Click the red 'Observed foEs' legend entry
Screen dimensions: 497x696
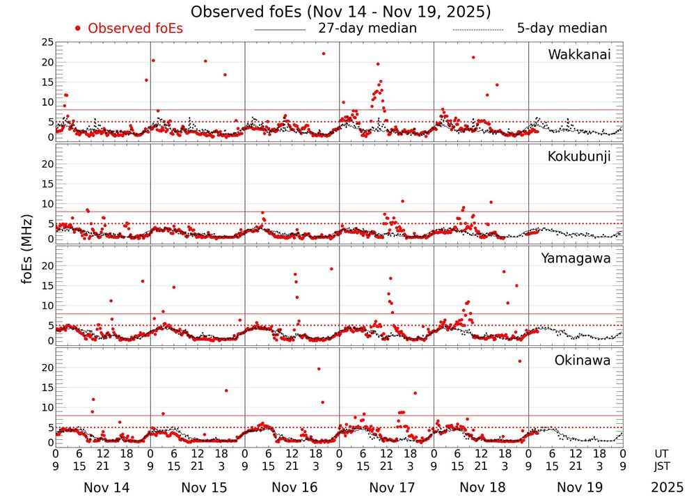tap(129, 29)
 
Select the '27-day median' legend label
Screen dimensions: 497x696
tap(367, 29)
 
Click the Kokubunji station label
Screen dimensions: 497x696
tap(579, 157)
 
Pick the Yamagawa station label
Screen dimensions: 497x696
tap(576, 259)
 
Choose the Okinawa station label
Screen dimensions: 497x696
tap(582, 361)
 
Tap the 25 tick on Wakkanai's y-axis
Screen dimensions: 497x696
tap(46, 42)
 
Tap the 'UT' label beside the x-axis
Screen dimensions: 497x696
tap(662, 453)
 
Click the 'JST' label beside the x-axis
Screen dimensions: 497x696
tap(662, 465)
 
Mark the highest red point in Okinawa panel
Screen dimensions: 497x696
tap(519, 361)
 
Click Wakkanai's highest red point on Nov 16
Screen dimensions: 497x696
tap(323, 54)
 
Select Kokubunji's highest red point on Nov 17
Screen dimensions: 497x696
tap(402, 201)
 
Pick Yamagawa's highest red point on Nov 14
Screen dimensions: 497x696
tap(143, 281)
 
